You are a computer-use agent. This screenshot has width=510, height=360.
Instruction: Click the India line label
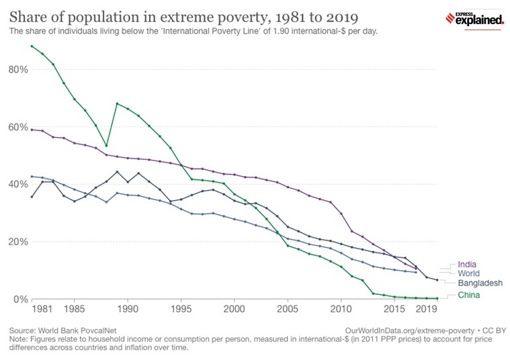tap(468, 265)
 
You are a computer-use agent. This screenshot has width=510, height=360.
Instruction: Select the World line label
tap(469, 274)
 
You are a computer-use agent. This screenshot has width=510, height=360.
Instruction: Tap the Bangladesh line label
tap(479, 283)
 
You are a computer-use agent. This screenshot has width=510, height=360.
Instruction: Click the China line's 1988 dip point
tap(106, 146)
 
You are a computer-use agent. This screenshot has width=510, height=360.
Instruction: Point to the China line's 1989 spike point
tap(117, 103)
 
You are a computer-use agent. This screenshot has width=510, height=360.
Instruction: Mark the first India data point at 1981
tap(32, 129)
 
